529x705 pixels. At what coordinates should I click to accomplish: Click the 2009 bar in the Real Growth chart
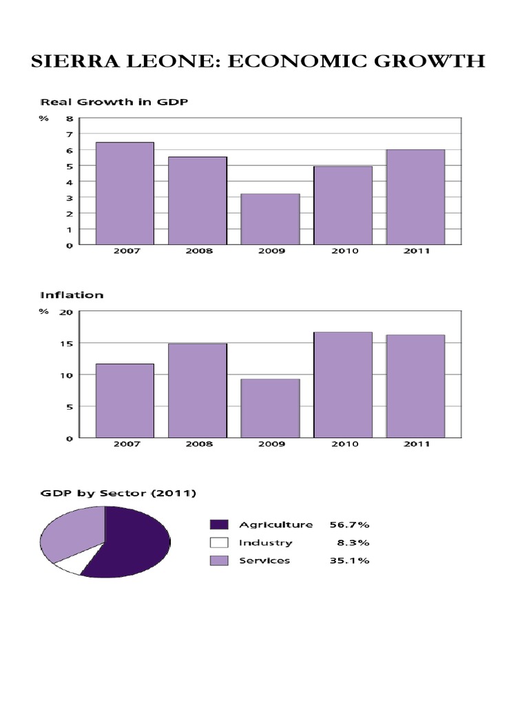click(270, 219)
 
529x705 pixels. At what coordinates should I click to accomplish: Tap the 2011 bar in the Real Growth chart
click(415, 197)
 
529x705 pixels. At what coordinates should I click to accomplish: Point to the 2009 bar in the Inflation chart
click(270, 408)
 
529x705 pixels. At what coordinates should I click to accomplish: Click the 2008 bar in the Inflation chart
click(198, 390)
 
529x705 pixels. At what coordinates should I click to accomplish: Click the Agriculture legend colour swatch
click(218, 525)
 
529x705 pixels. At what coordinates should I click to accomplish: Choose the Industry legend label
click(266, 543)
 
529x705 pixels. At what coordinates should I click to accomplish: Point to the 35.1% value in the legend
click(349, 560)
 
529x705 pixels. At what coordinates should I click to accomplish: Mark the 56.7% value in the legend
click(349, 525)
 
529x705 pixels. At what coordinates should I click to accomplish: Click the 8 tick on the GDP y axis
click(69, 118)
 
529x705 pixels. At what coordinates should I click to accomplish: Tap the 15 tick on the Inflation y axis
click(67, 344)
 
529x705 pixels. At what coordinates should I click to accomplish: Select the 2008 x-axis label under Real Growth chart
click(199, 251)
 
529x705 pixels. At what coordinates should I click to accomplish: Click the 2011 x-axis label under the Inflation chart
click(415, 444)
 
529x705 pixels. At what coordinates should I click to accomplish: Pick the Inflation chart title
click(72, 295)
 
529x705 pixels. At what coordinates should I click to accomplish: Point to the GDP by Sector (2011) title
click(118, 493)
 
